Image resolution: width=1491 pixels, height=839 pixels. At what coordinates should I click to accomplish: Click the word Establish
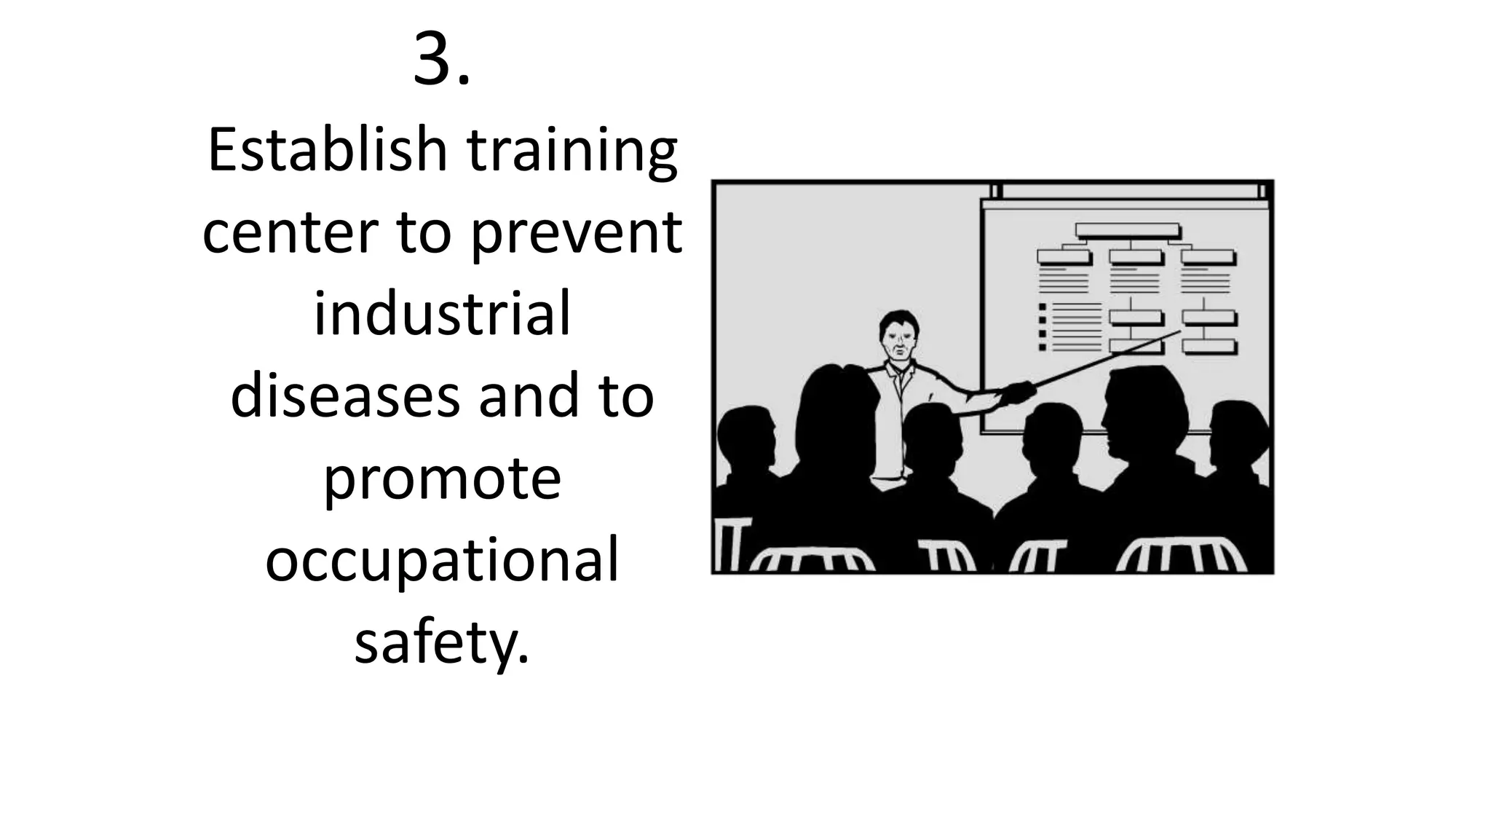[327, 150]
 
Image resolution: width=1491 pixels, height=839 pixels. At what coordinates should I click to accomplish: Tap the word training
[572, 153]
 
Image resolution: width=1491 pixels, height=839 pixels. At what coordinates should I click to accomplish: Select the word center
[290, 233]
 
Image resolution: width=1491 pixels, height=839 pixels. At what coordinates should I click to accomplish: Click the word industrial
[442, 315]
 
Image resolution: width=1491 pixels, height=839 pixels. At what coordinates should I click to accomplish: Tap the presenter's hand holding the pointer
[1018, 393]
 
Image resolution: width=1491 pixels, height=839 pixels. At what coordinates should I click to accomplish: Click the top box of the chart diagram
[1127, 231]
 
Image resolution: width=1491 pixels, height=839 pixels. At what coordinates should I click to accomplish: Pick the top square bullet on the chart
[1043, 307]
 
